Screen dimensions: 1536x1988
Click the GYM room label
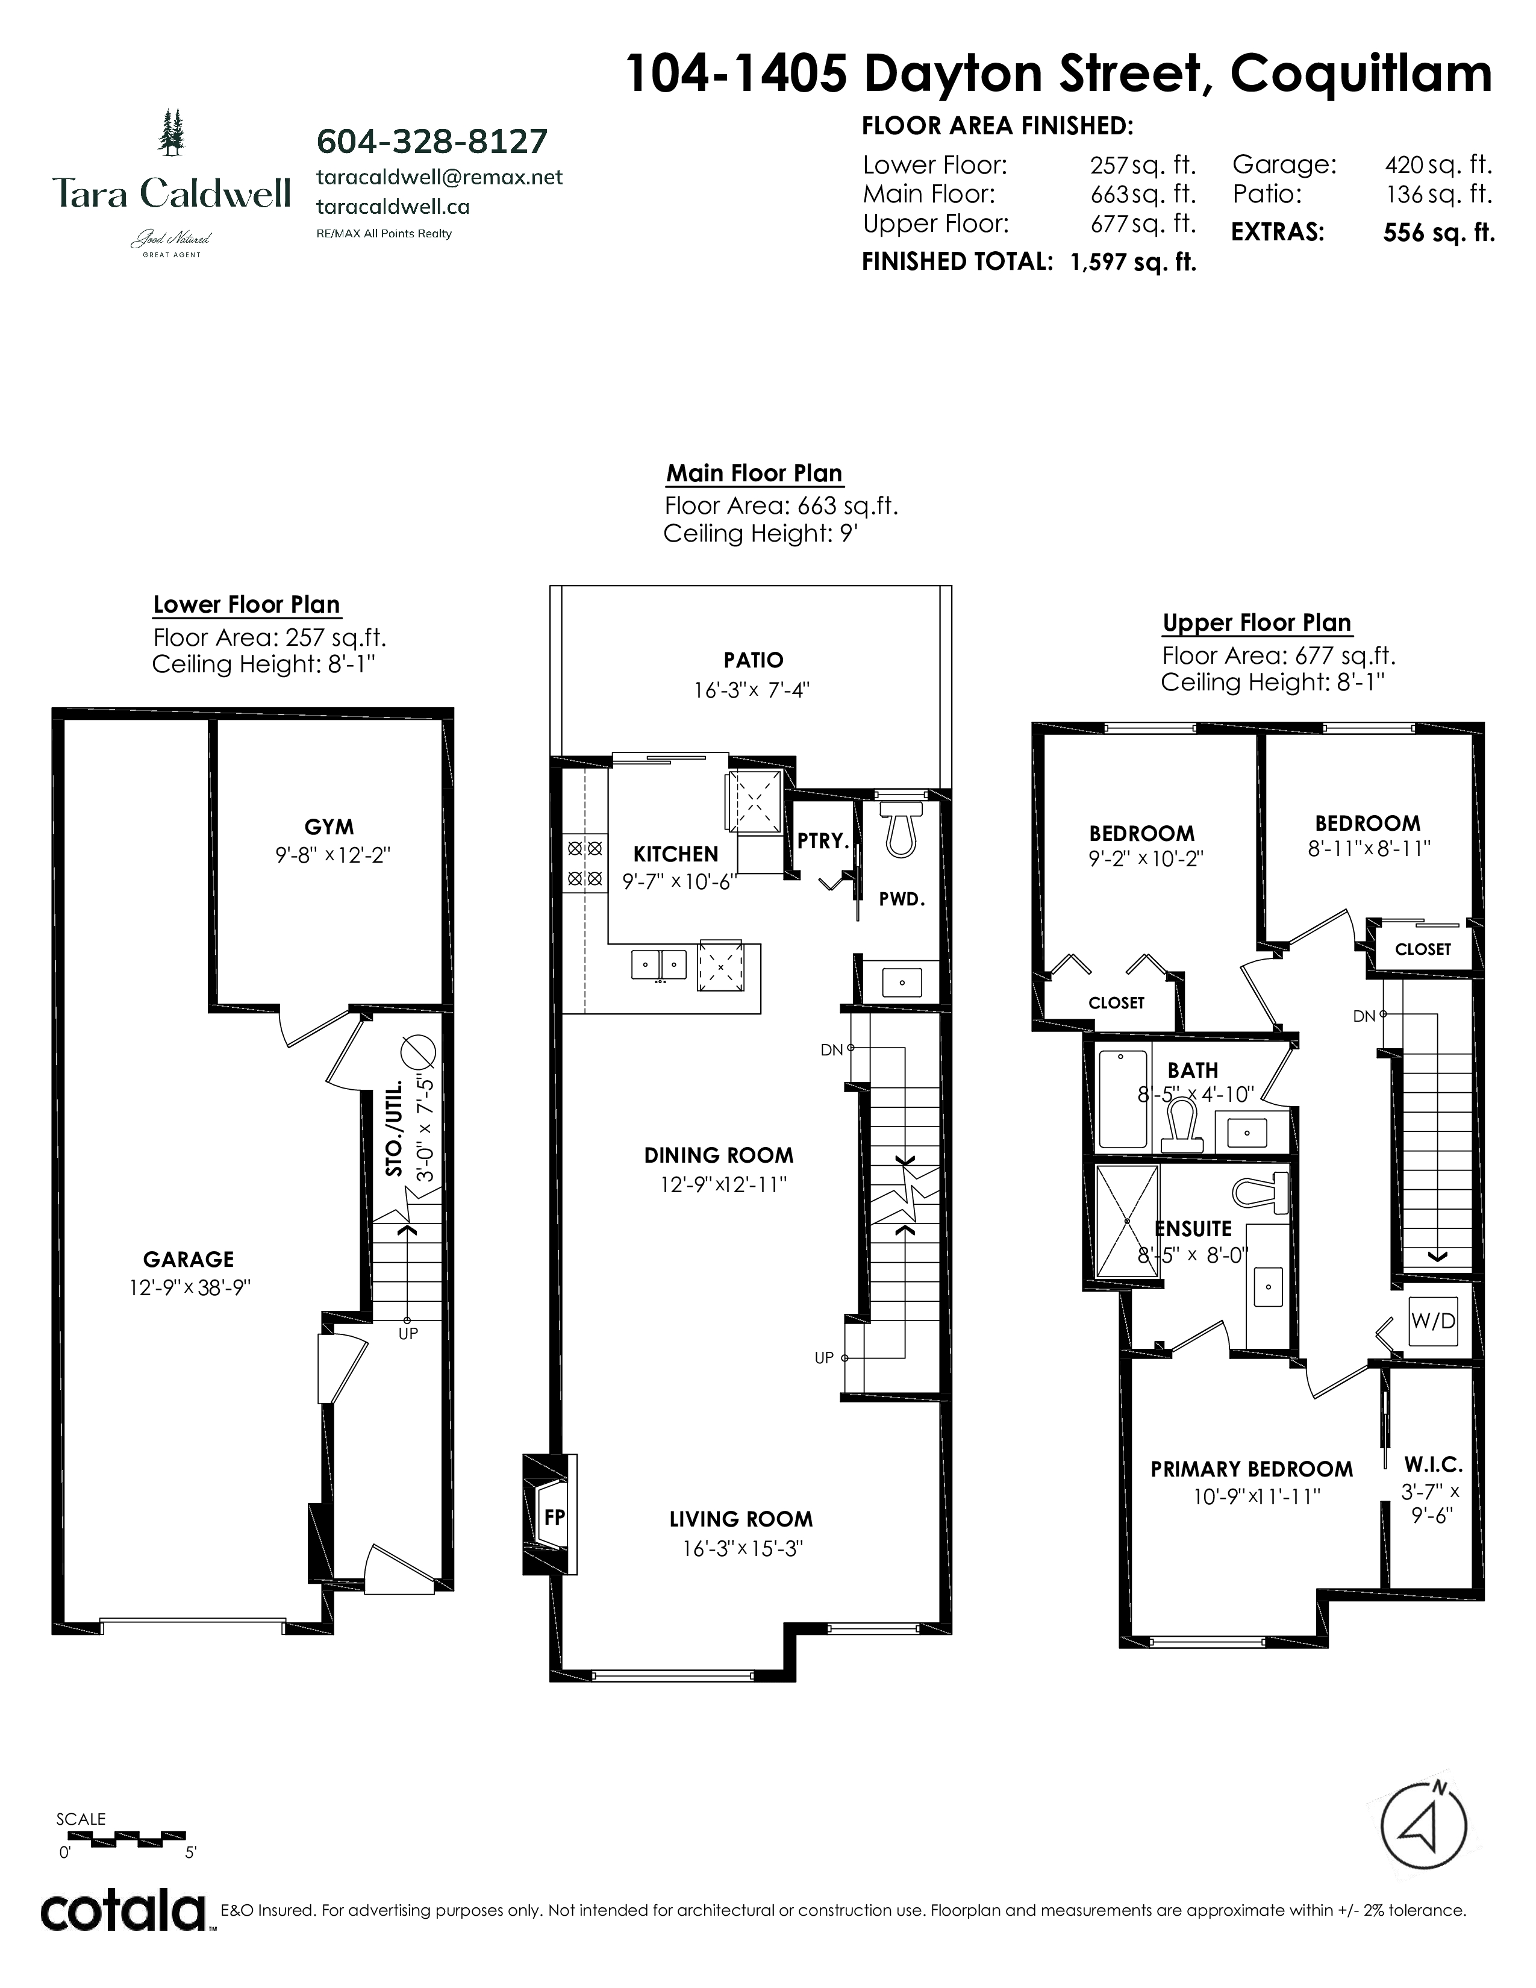pos(329,827)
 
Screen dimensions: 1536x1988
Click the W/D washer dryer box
pos(1433,1321)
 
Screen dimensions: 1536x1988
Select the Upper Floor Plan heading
pos(1257,623)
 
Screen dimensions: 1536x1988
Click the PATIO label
pos(754,660)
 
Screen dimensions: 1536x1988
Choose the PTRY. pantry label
pos(823,841)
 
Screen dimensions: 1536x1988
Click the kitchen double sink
pos(660,963)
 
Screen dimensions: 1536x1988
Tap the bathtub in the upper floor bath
pos(1123,1099)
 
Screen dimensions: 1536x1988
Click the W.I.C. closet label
pos(1433,1464)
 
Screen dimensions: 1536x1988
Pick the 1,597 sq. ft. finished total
pos(1133,262)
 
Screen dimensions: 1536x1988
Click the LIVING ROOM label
pos(741,1519)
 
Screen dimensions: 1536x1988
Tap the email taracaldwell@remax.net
pos(440,178)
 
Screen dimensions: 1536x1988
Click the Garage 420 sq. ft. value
pos(1438,164)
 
